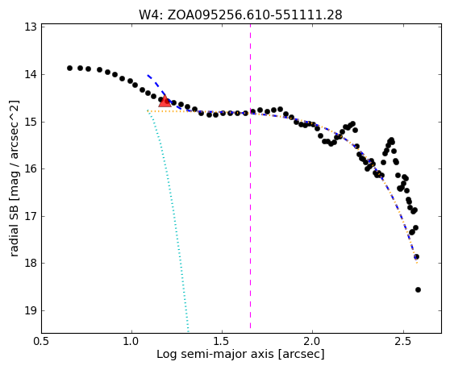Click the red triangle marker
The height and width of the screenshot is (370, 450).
[165, 102]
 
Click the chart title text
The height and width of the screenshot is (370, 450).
[240, 15]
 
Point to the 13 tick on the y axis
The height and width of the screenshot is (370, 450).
[31, 27]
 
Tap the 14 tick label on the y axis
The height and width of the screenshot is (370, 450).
[31, 74]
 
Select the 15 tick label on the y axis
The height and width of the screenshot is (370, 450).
[31, 122]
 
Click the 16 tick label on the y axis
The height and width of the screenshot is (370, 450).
[31, 168]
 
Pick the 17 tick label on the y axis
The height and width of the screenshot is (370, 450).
[31, 216]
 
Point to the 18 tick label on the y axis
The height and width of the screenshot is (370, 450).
[31, 263]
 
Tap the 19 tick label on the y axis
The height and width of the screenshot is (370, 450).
[31, 310]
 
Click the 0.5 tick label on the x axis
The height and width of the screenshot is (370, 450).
[41, 342]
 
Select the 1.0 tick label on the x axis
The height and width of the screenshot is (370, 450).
[131, 342]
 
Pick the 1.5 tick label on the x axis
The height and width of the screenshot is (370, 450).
[222, 342]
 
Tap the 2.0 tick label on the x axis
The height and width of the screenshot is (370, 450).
[313, 342]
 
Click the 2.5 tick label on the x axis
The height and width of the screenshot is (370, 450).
[403, 342]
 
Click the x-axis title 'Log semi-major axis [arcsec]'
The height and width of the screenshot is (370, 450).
[240, 355]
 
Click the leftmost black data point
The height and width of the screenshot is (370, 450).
[69, 68]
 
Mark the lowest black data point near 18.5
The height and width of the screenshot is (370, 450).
[418, 289]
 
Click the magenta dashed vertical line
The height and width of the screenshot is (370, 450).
[250, 177]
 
